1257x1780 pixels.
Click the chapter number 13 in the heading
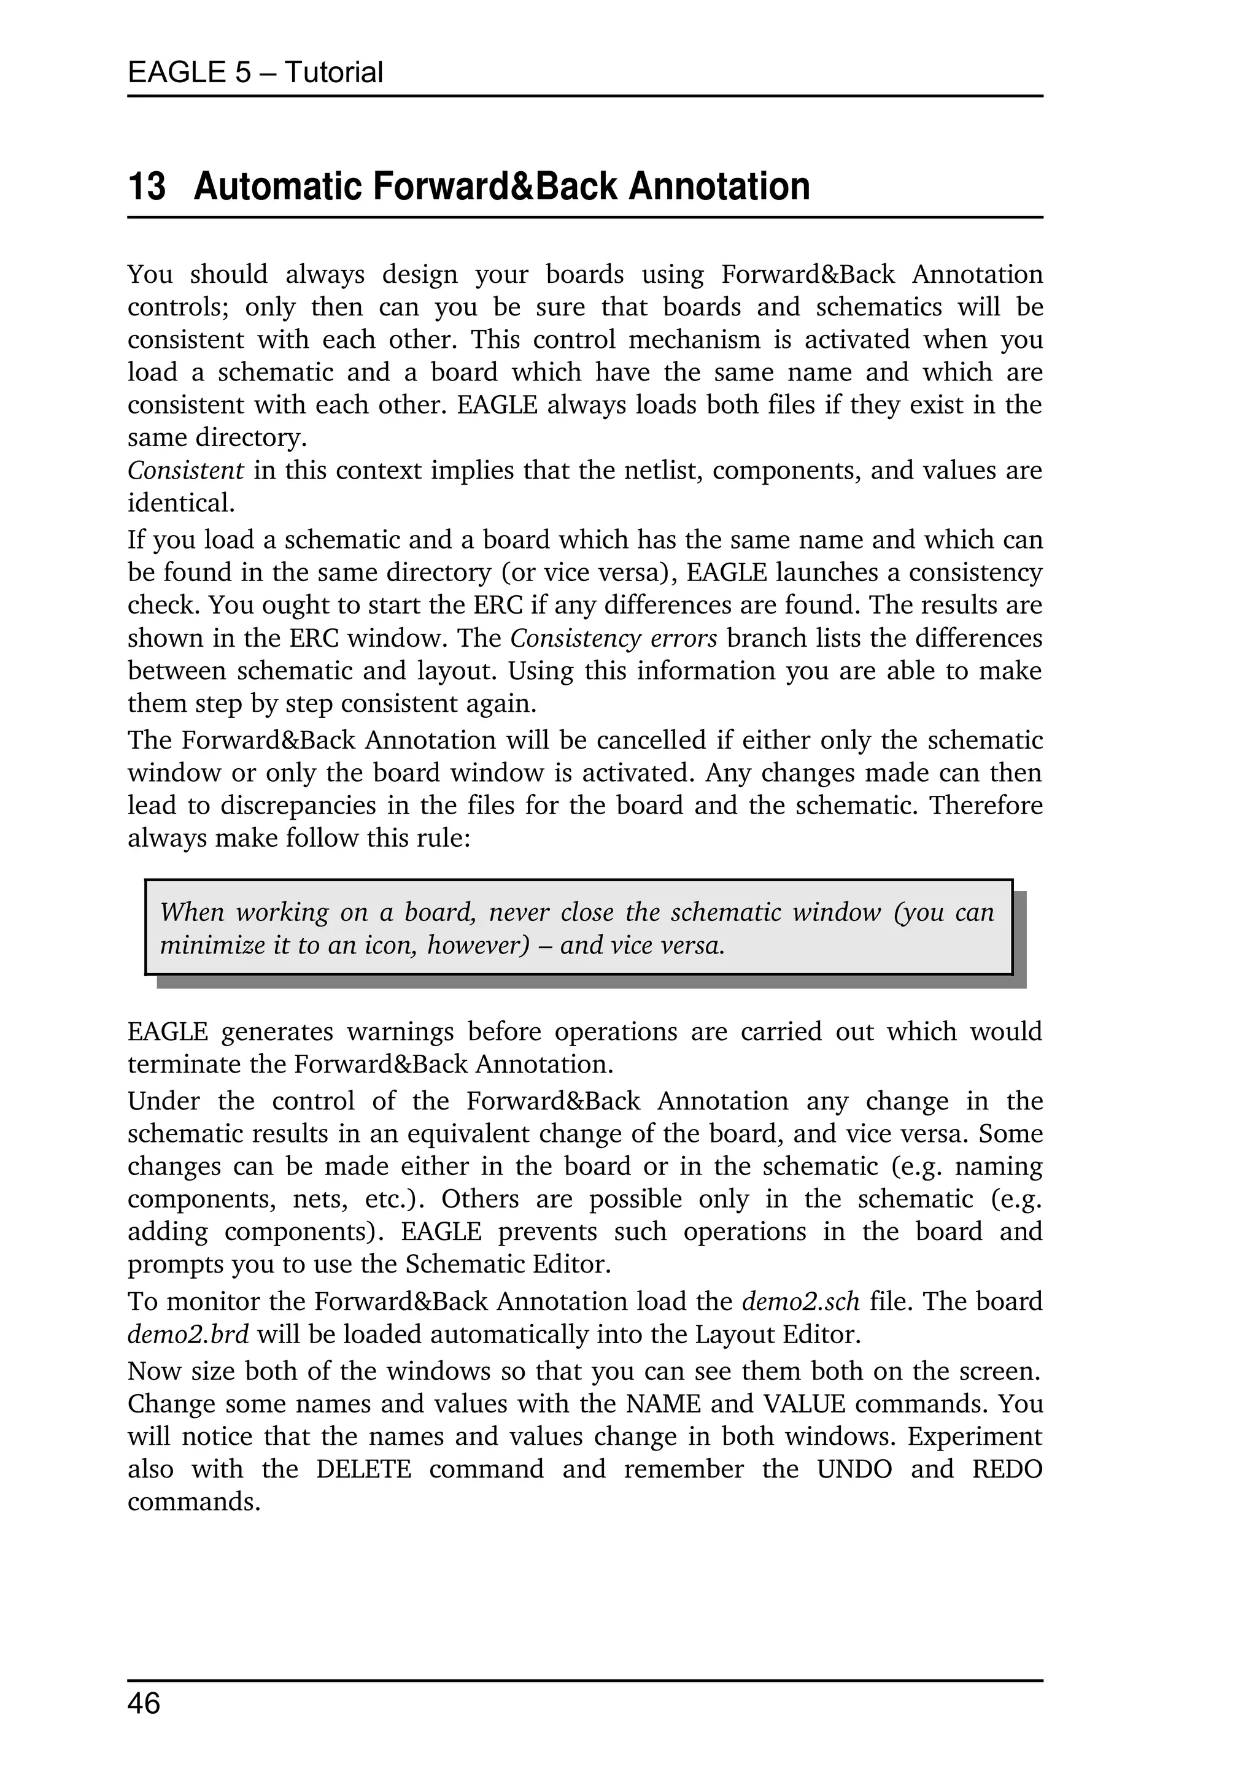pyautogui.click(x=147, y=187)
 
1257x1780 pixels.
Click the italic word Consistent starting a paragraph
pyautogui.click(x=185, y=471)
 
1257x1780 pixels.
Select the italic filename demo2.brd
pyautogui.click(x=188, y=1334)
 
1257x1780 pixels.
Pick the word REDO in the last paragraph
pyautogui.click(x=1007, y=1469)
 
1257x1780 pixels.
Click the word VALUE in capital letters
pyautogui.click(x=804, y=1404)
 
